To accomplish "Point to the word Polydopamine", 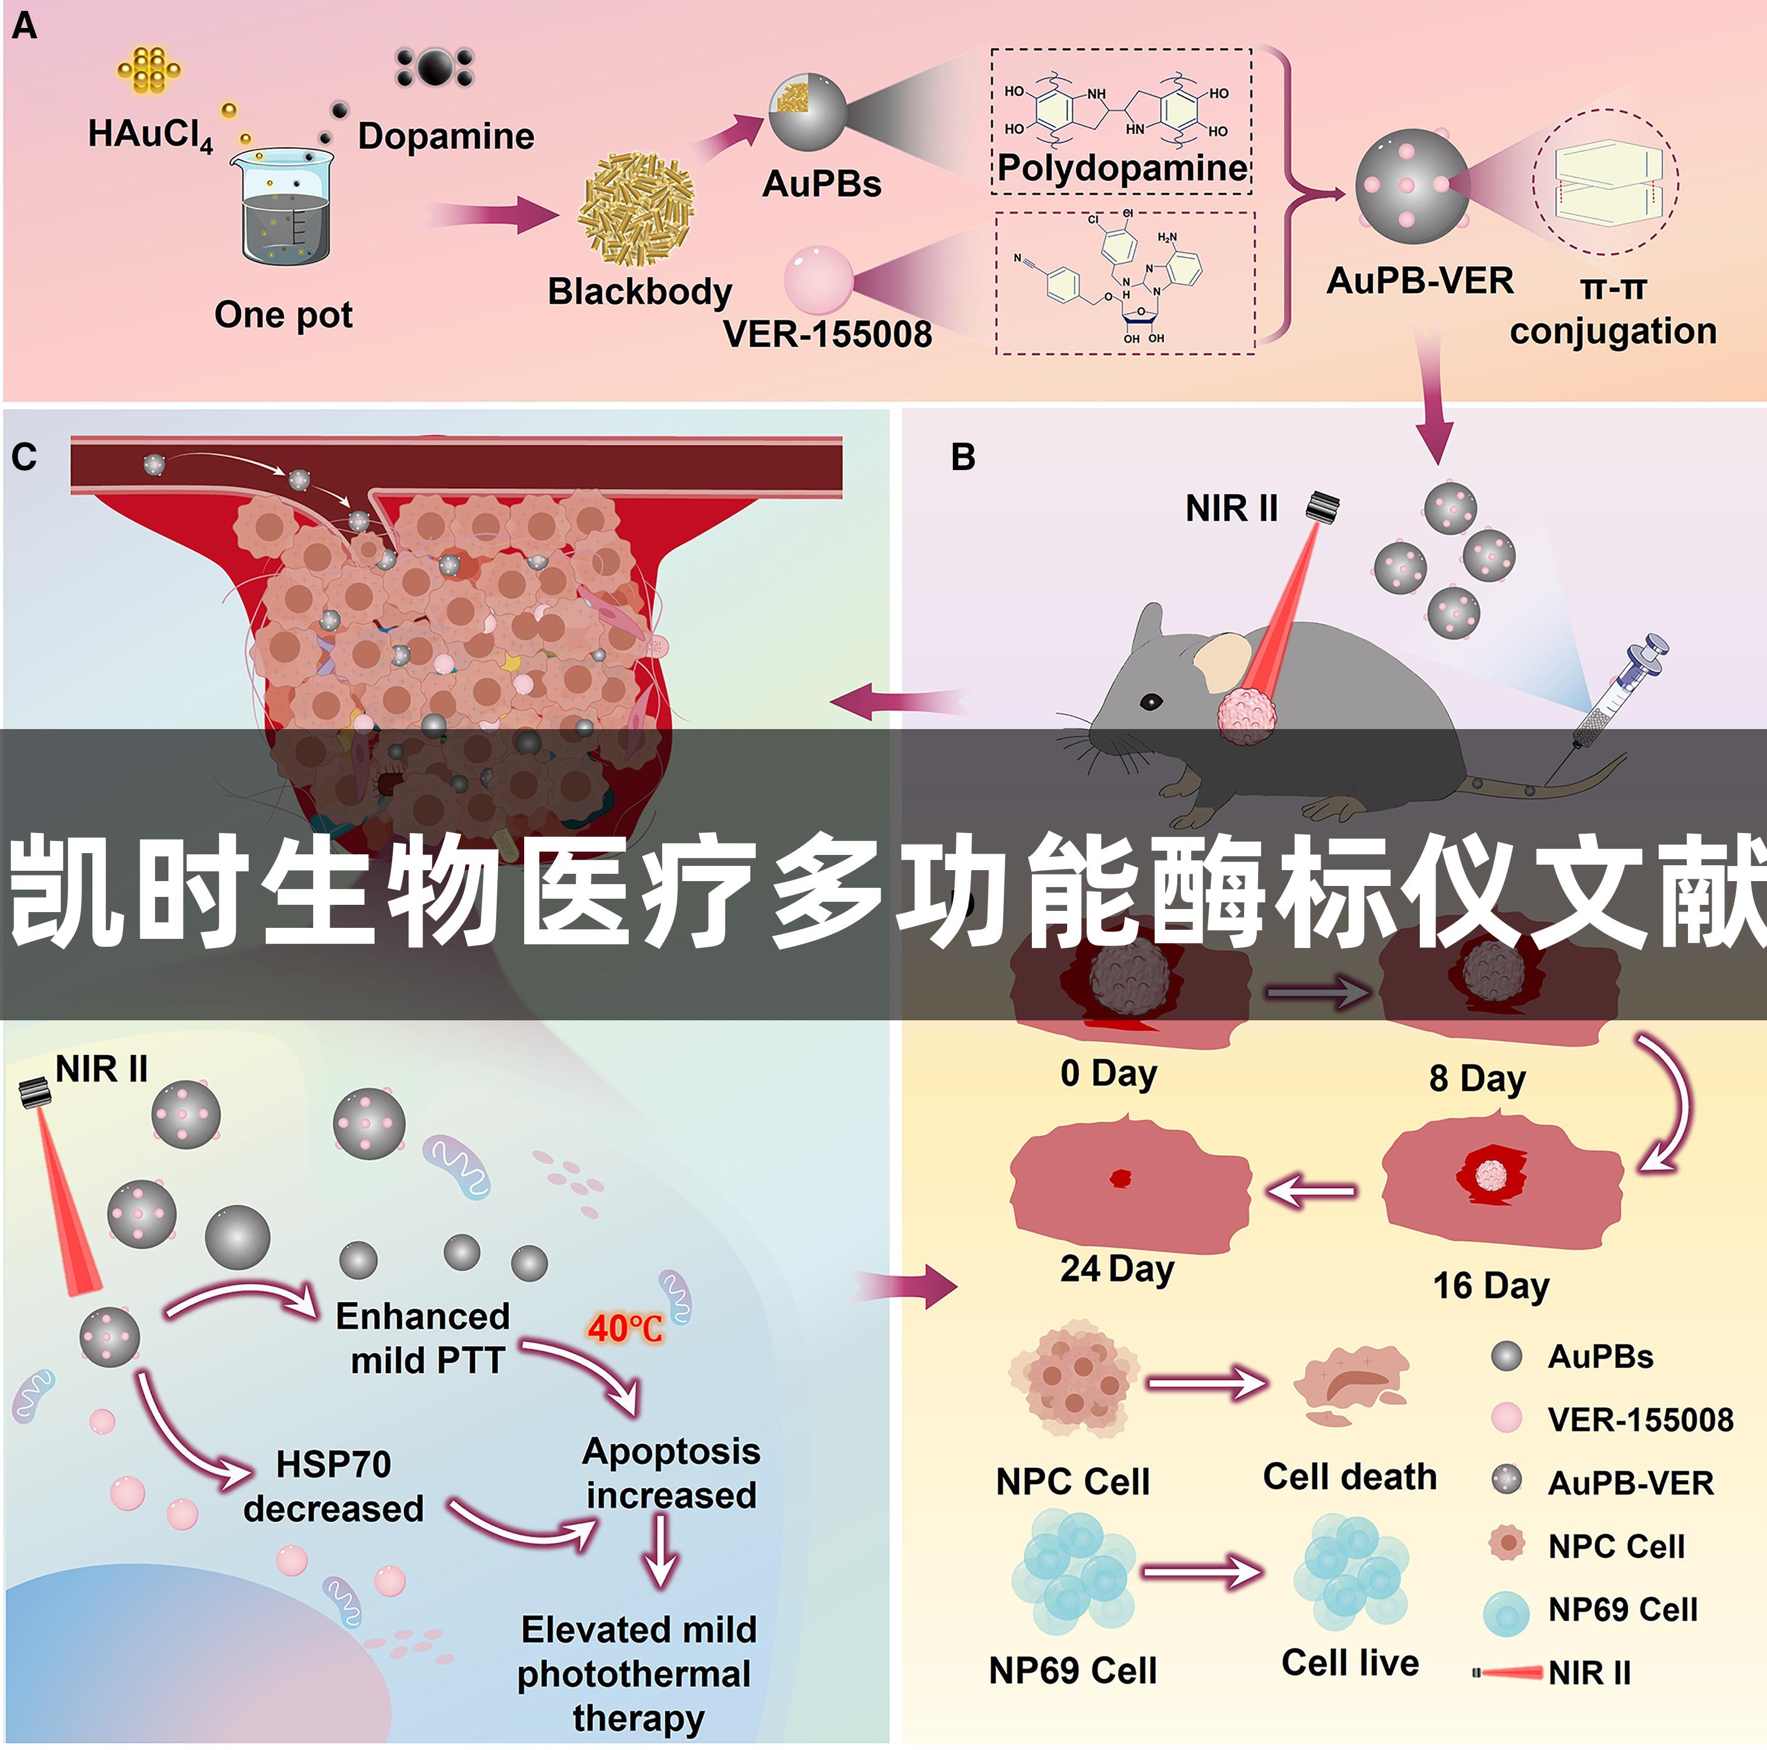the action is (x=1122, y=167).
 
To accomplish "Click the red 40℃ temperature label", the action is (x=626, y=1328).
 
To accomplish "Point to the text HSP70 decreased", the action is (x=334, y=1485).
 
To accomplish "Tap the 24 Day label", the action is (x=1117, y=1270).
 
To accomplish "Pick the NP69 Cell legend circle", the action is (x=1506, y=1613).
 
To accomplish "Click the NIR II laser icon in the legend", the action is (x=1507, y=1672).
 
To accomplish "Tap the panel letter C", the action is (x=25, y=457).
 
